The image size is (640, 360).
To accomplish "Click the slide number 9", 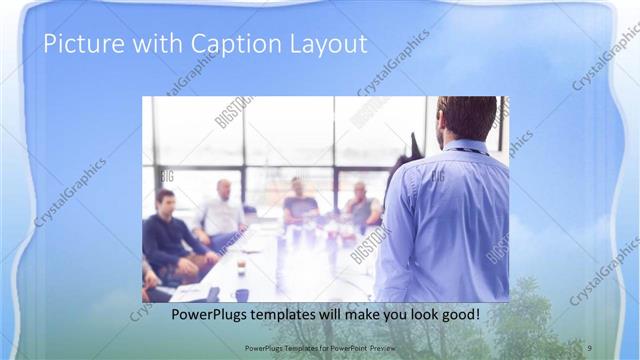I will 590,346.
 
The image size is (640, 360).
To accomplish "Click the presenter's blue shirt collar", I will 465,147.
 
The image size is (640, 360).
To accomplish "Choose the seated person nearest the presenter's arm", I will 363,205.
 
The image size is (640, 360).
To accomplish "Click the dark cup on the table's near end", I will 241,294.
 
